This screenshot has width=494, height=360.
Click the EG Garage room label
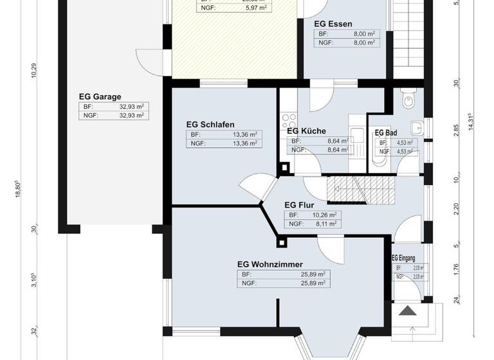[100, 97]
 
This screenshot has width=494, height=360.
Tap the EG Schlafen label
[210, 125]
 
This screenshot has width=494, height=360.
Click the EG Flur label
[298, 206]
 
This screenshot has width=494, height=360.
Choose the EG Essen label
[332, 23]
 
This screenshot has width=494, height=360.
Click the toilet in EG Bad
[407, 100]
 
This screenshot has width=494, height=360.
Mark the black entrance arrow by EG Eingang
[408, 312]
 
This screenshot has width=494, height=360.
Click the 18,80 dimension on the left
[18, 191]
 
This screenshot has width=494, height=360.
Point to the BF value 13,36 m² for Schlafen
[244, 135]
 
